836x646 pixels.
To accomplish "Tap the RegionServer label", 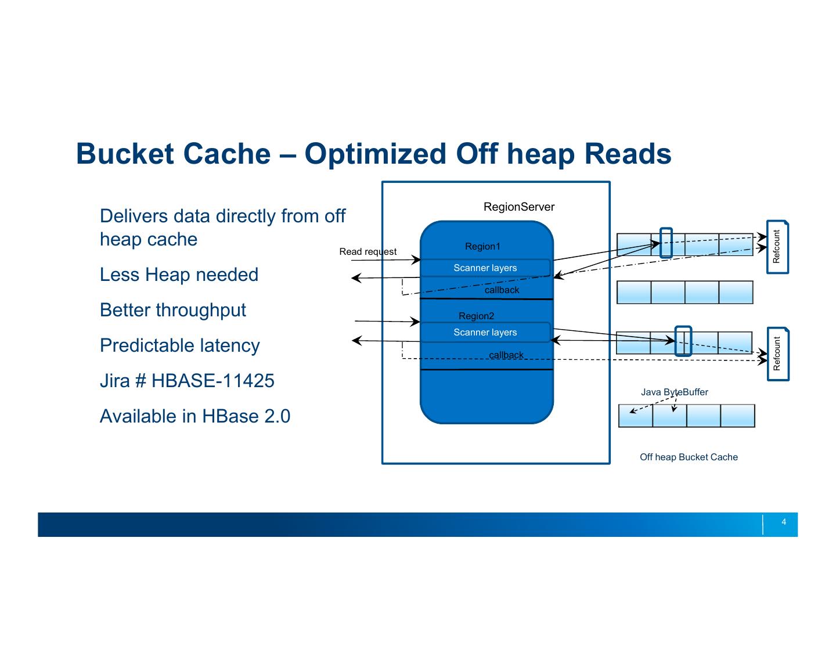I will tap(518, 207).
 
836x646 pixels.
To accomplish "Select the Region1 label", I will tap(482, 247).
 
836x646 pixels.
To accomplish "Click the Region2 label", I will tap(476, 316).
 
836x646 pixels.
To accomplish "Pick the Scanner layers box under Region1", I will tap(485, 268).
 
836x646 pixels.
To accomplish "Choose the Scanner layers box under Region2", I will tap(485, 333).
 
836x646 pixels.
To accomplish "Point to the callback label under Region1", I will tap(502, 290).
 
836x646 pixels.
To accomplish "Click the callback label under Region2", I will tap(506, 355).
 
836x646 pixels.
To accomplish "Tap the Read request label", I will tap(367, 252).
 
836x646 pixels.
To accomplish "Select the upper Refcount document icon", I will tap(777, 247).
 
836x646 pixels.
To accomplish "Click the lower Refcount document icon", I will tap(777, 353).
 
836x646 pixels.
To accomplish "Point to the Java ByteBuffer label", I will tap(674, 392).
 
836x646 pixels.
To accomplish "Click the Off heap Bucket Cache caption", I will tap(689, 457).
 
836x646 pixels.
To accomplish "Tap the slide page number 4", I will tap(783, 522).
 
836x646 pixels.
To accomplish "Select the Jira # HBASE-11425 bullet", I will tap(187, 381).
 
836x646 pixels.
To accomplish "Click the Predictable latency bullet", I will tap(179, 346).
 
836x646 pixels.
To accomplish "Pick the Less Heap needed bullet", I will tap(179, 275).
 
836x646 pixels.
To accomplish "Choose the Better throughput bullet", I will tap(172, 311).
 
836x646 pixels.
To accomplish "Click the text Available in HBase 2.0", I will tap(194, 417).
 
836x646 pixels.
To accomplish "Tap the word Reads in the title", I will tap(628, 154).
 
